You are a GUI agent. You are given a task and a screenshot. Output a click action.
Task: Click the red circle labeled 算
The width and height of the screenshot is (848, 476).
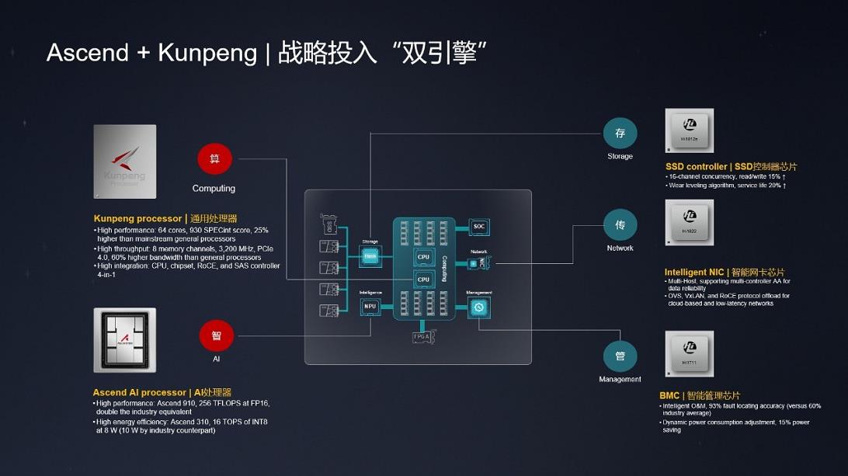215,158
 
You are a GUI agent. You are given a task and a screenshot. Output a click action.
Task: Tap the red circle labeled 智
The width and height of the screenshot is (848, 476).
217,336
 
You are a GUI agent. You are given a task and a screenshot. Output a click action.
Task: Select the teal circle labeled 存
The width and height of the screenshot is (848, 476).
620,134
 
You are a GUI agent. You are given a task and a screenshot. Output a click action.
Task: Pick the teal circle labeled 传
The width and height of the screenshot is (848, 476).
620,225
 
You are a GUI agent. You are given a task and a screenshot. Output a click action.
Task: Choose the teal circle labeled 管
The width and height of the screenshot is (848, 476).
620,356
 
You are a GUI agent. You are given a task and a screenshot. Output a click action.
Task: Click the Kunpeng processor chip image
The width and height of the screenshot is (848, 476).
124,162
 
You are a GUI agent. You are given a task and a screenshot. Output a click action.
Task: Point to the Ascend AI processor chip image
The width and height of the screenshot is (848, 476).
124,340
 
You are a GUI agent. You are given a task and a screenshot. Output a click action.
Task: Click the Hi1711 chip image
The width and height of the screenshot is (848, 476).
690,353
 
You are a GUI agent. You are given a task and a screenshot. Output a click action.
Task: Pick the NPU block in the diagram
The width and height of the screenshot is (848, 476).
370,306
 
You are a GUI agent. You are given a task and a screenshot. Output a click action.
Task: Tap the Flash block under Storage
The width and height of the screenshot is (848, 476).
370,255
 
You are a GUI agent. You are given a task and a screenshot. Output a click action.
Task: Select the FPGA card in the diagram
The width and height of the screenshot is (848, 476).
422,337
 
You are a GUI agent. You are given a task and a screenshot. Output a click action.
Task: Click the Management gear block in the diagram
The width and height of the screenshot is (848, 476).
479,307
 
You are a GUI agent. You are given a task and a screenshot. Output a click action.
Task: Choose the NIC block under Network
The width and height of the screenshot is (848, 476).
478,264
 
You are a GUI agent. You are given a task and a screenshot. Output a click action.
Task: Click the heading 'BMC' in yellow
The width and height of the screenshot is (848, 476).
669,395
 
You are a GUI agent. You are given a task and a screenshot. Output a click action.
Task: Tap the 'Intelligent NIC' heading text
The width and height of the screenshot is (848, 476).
693,272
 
